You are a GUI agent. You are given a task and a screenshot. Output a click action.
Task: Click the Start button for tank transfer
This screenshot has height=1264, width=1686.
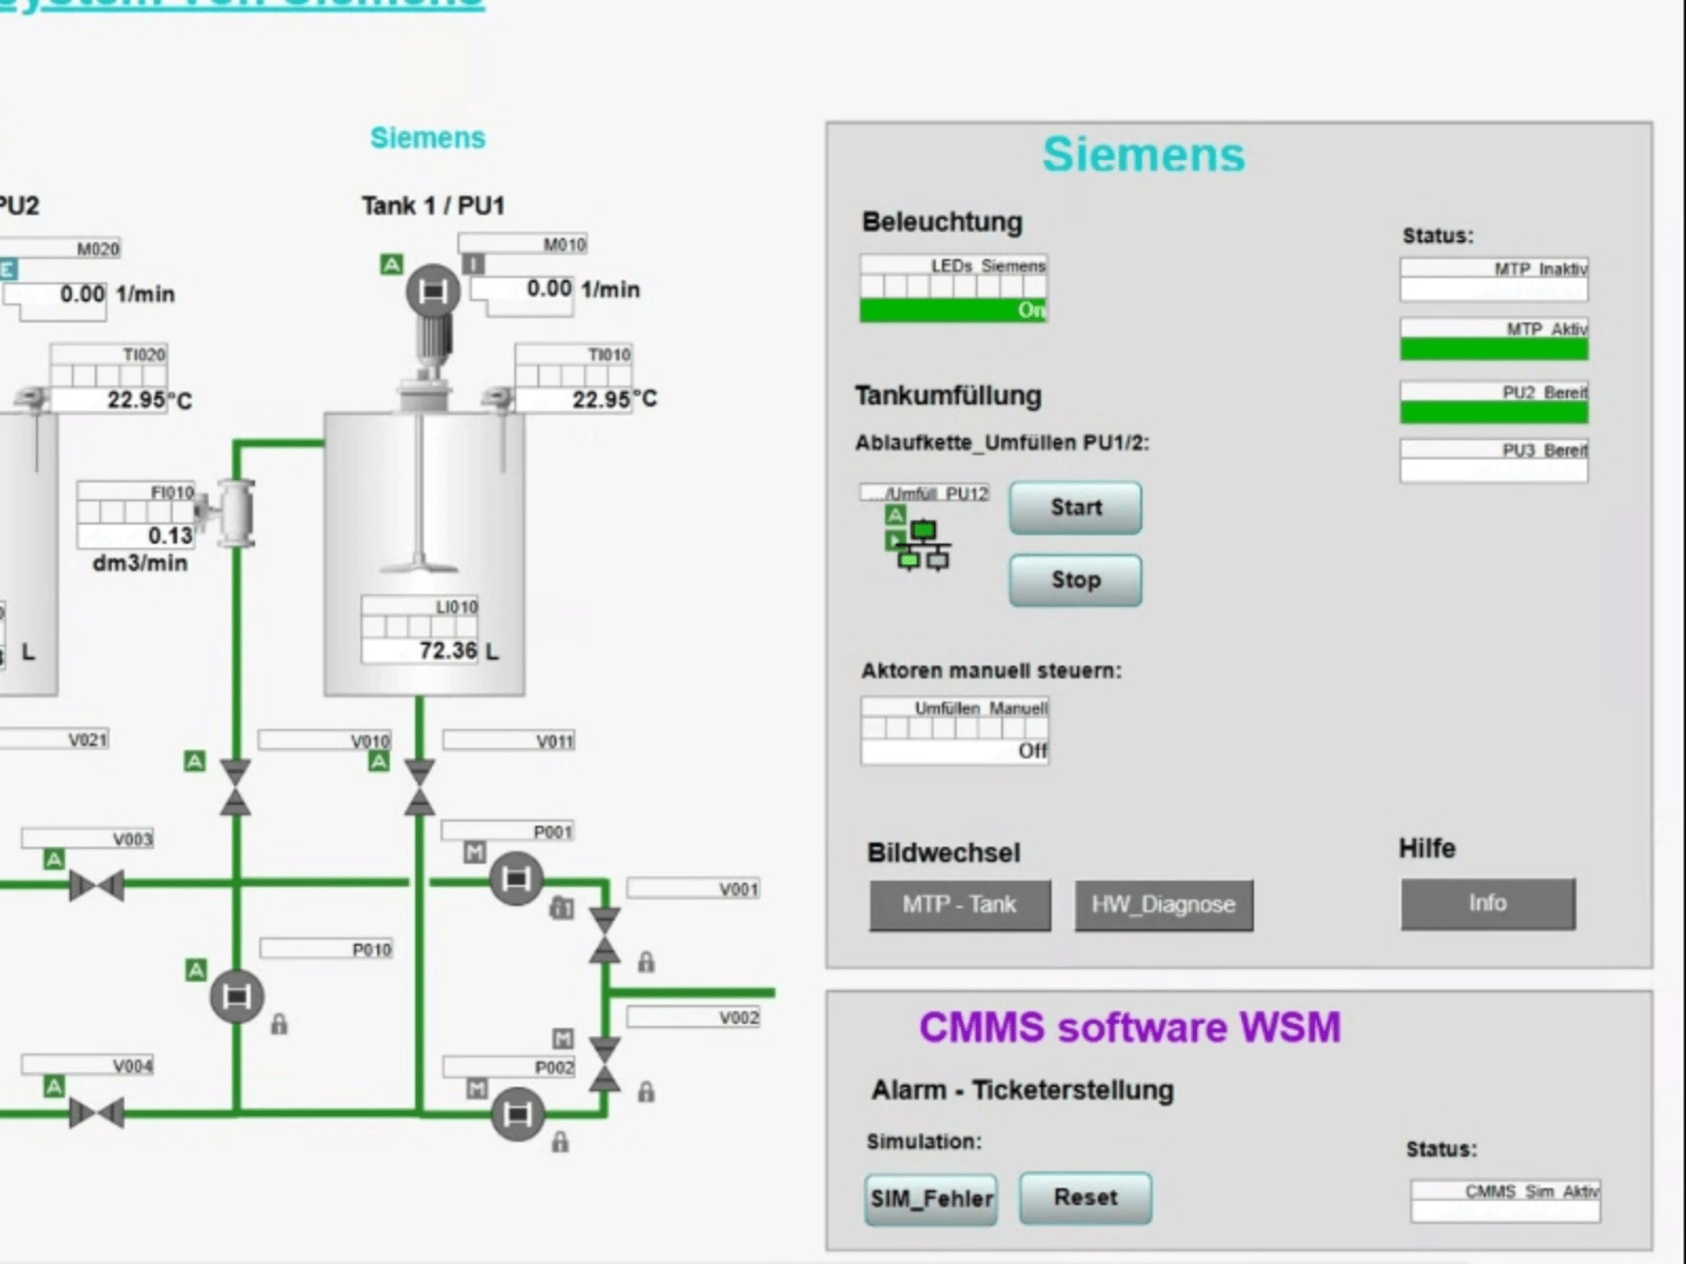tap(1075, 508)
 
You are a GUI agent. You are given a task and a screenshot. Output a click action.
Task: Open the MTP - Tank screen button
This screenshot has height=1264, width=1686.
tap(960, 905)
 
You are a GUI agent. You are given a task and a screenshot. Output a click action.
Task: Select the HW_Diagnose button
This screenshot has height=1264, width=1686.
tap(1163, 905)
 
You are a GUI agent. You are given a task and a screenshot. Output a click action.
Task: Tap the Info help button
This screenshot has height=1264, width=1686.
tap(1487, 903)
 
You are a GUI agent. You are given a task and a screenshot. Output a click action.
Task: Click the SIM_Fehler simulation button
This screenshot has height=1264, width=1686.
tap(931, 1198)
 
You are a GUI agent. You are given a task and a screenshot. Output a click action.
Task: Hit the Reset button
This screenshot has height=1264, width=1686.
tap(1085, 1197)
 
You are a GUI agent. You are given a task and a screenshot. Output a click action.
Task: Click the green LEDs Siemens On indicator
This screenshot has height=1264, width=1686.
tap(953, 310)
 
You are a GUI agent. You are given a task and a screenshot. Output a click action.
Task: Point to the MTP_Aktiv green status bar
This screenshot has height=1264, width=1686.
tap(1493, 349)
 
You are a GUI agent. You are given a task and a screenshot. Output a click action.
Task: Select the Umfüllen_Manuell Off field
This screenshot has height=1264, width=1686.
tap(954, 751)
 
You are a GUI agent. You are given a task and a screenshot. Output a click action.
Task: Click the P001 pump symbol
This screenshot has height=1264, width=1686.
tap(516, 878)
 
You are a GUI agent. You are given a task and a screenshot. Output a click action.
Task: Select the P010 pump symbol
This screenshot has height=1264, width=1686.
tap(236, 996)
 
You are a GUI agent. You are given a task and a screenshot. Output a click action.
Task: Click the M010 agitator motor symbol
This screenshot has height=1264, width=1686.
tap(432, 290)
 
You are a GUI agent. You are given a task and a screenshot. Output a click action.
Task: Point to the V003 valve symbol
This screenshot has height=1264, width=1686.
tap(96, 885)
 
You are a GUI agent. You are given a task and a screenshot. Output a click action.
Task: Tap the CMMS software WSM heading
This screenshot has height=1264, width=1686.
tap(1129, 1027)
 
